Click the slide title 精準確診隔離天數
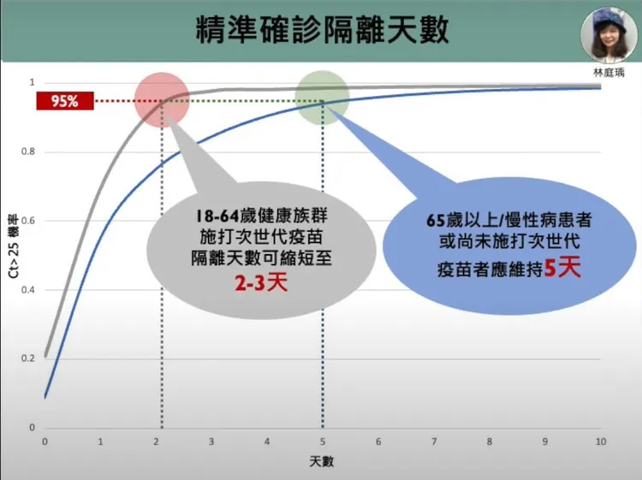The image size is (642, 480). tap(321, 32)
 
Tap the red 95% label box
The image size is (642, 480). tap(64, 102)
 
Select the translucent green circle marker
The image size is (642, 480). tap(322, 97)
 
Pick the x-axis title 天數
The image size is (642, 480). tap(322, 462)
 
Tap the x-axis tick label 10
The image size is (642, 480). tap(600, 441)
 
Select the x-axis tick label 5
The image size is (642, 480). tap(323, 441)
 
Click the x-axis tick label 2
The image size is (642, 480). tap(156, 441)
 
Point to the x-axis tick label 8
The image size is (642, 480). tap(490, 441)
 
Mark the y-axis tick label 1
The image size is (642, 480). tap(32, 83)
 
